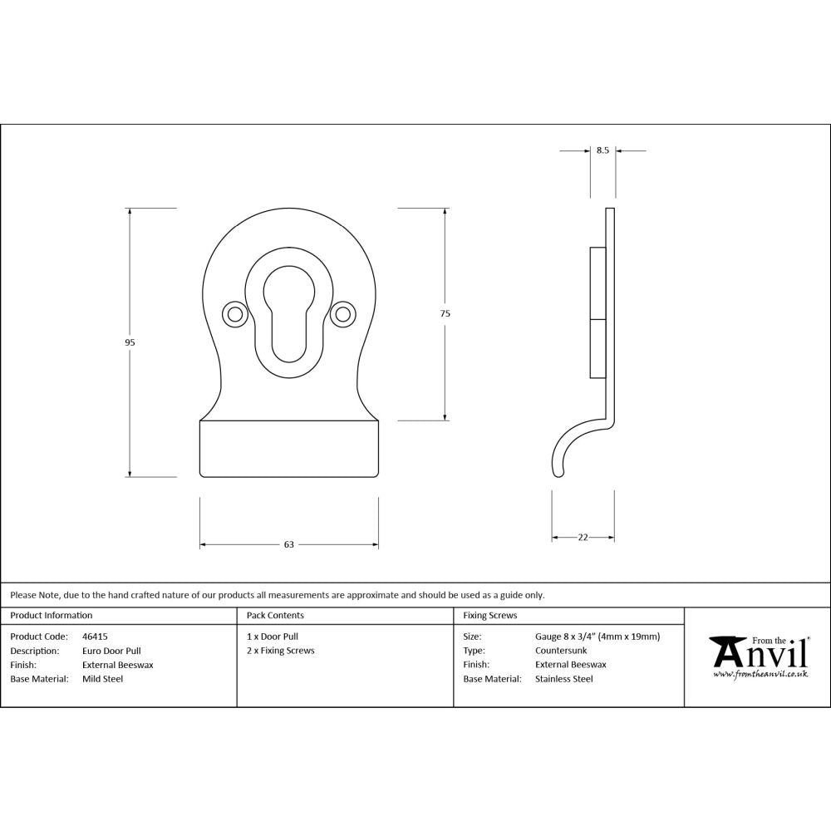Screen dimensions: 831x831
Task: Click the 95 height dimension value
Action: (130, 342)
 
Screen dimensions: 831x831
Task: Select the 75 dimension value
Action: (445, 313)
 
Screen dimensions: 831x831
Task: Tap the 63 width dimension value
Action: (289, 545)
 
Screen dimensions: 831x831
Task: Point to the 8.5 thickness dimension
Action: (602, 150)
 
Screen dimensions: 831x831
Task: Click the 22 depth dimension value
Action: (583, 538)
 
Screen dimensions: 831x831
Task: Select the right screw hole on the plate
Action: (341, 313)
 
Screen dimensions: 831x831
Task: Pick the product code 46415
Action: (95, 637)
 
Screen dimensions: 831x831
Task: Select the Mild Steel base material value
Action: (102, 679)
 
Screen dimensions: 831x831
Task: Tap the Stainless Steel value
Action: (564, 679)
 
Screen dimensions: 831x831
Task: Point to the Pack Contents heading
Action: (275, 616)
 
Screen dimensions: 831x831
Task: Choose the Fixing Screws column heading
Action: (489, 616)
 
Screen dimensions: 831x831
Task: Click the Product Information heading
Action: (52, 616)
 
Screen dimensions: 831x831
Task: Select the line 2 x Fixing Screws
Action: (281, 651)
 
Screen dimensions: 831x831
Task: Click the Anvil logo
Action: (759, 657)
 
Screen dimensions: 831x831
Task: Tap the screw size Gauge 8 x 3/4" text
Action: (597, 637)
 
